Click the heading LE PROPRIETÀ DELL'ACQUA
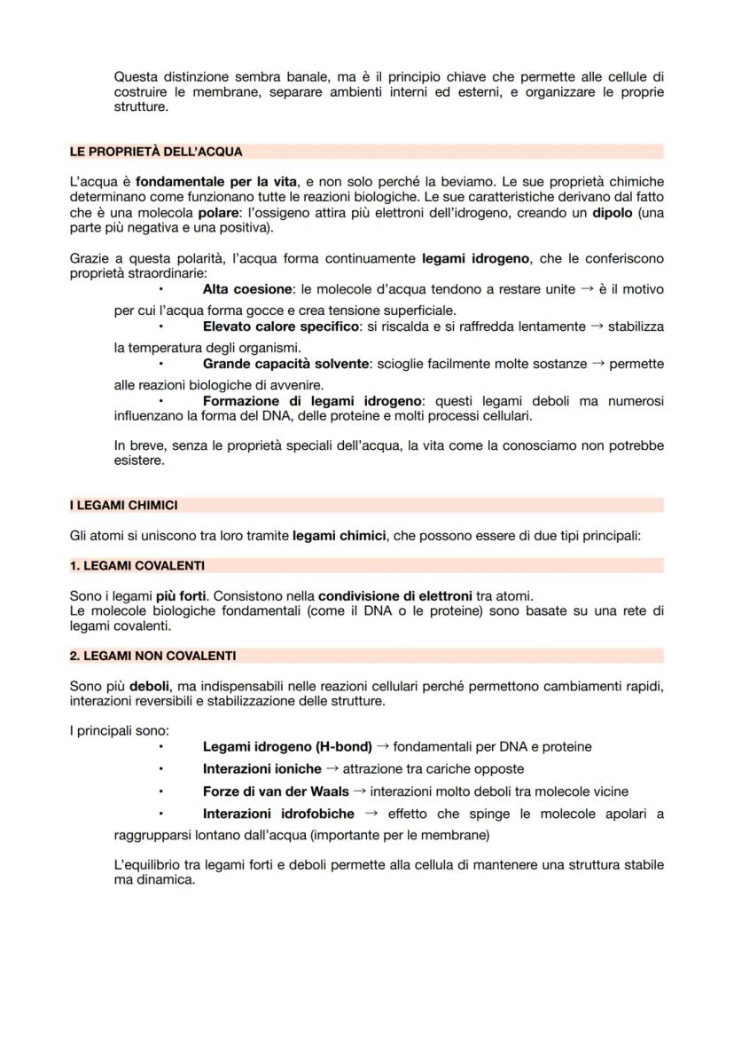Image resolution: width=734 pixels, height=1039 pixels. click(156, 152)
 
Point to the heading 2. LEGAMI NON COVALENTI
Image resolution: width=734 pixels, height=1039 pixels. click(152, 656)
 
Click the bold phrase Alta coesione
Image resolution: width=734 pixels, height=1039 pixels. click(247, 289)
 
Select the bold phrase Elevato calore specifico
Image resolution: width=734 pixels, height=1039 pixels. click(282, 327)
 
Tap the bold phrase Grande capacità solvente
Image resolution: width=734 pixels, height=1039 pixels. click(285, 364)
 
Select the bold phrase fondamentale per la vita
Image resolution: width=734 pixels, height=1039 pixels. click(216, 182)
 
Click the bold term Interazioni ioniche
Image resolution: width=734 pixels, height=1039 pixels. click(262, 768)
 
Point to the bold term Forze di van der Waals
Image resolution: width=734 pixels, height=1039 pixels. click(276, 791)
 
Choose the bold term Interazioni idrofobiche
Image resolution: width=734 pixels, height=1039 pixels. click(278, 814)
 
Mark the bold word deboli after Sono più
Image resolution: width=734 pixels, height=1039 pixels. click(149, 687)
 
